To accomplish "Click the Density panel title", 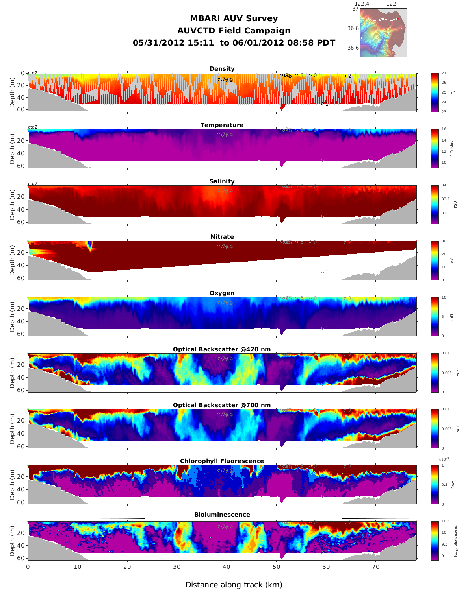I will point(222,69).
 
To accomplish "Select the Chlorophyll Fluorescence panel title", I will point(222,461).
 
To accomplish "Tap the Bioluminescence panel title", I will point(222,515).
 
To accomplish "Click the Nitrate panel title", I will point(222,237).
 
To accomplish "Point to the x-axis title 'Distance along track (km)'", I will point(234,585).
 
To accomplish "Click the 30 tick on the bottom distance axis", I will point(177,567).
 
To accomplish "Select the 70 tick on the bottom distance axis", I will point(376,567).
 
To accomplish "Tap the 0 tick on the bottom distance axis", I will point(28,567).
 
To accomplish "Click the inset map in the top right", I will point(383,33).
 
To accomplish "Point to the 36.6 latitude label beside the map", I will point(353,48).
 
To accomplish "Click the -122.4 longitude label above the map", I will point(360,4).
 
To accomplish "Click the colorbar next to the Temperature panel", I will point(435,149).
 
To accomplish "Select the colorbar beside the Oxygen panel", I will point(435,317).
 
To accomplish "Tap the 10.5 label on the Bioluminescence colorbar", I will point(445,521).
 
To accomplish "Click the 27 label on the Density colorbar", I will point(444,73).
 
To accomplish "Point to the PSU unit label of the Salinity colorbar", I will point(455,205).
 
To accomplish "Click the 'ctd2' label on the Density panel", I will point(33,73).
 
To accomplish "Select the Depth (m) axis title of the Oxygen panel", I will point(13,317).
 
